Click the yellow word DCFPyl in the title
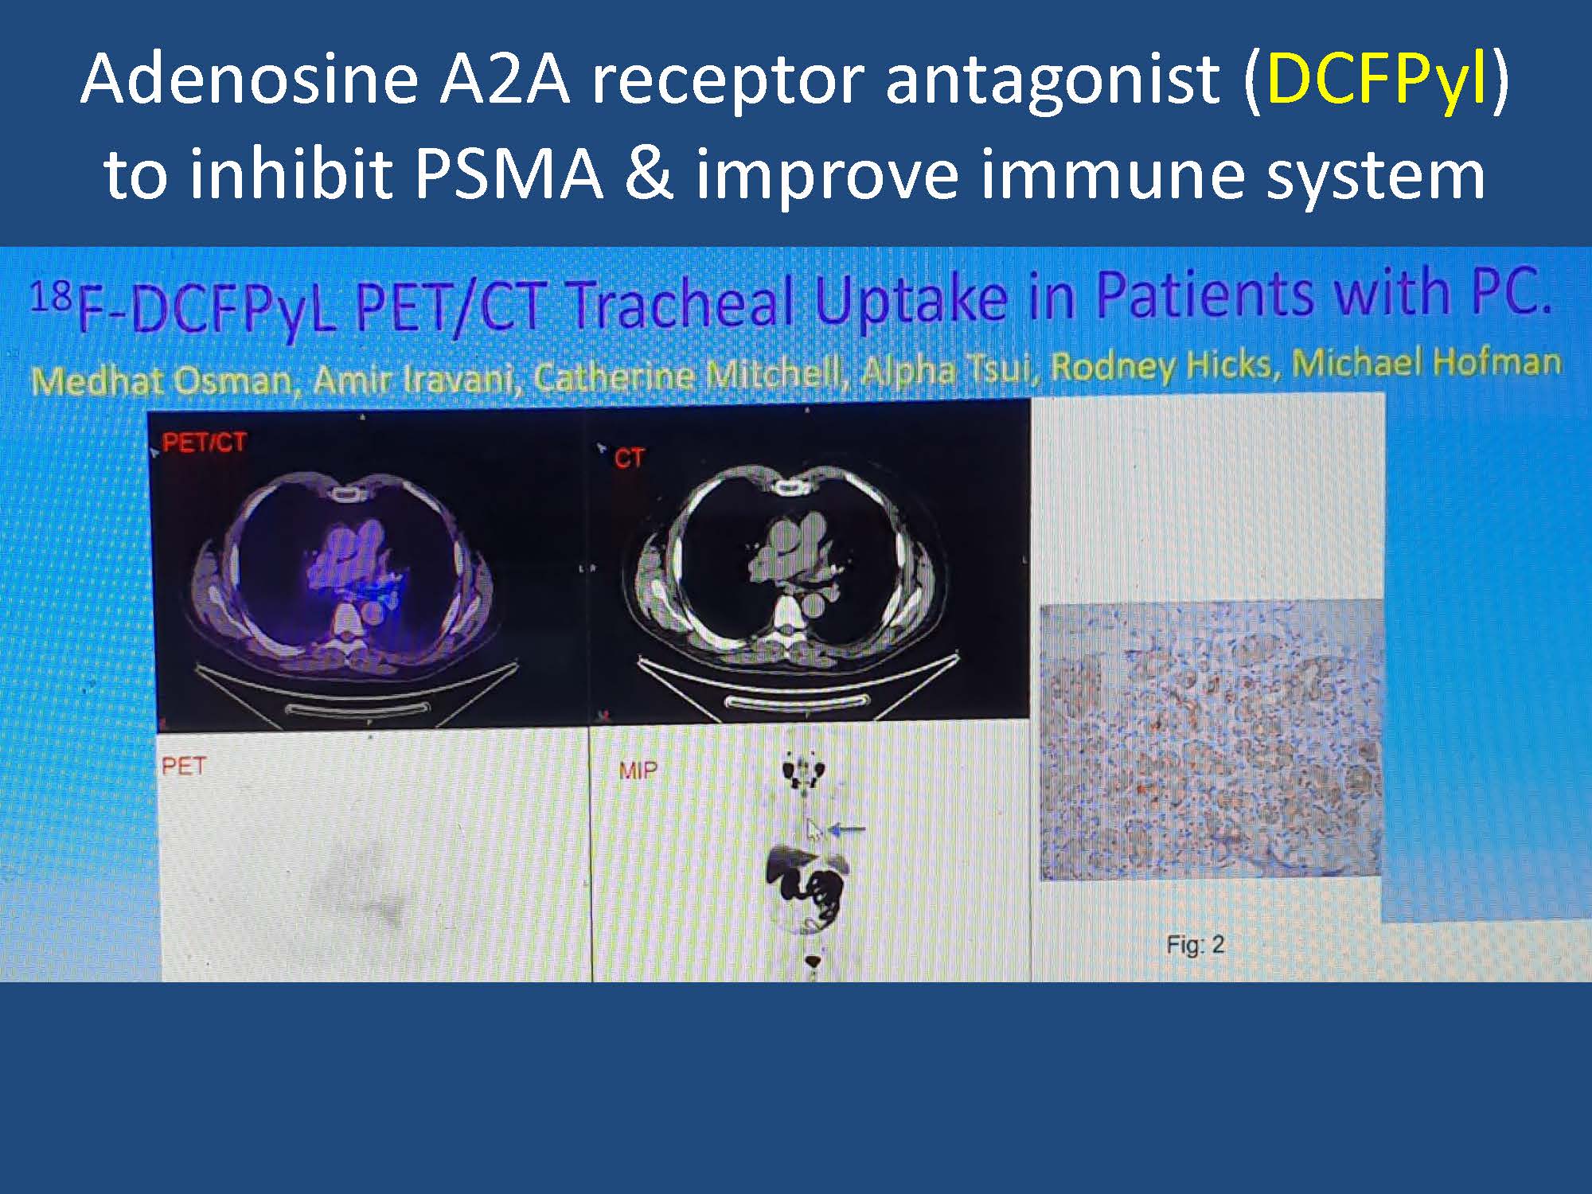[1375, 80]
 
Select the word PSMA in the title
[509, 174]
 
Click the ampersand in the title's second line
[649, 174]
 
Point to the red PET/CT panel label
[204, 443]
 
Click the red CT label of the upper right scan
[629, 458]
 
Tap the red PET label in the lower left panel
[184, 766]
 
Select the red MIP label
[638, 770]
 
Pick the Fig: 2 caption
[1195, 945]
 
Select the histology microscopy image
[1210, 740]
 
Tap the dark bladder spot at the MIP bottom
[813, 962]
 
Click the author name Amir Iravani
[412, 379]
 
